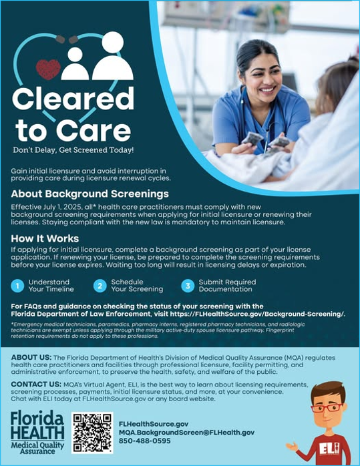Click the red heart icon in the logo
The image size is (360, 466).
click(x=47, y=69)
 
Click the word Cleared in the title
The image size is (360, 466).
click(x=73, y=98)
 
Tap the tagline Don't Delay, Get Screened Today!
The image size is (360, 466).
click(x=73, y=150)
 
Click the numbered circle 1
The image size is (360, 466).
click(x=17, y=286)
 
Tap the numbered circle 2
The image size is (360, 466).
click(x=100, y=286)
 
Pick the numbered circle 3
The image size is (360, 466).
click(x=187, y=286)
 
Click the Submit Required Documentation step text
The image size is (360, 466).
click(x=227, y=286)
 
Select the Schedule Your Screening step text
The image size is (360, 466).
click(x=137, y=286)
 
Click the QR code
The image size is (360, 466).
click(x=92, y=433)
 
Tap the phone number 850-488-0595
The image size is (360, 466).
click(x=144, y=441)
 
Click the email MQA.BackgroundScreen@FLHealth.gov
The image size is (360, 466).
click(x=186, y=433)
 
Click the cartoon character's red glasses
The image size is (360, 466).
click(x=327, y=407)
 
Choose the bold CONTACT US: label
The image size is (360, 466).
click(x=37, y=385)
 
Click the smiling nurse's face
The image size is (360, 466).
click(x=258, y=69)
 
